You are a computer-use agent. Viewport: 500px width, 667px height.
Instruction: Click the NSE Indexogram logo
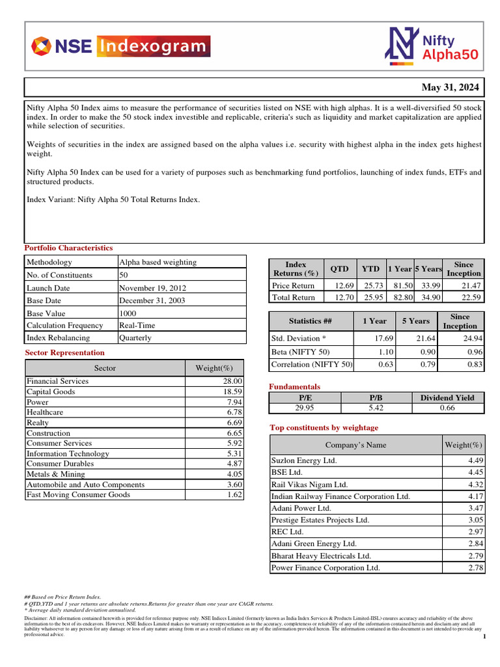121,46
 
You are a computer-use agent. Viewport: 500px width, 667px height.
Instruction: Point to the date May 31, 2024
450,87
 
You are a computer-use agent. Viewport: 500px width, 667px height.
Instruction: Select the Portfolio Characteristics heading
68,248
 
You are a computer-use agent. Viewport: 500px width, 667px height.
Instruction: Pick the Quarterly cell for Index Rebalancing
135,338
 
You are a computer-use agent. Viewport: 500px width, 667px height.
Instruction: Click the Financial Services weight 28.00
232,382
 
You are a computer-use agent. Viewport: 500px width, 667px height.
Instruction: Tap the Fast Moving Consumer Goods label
78,495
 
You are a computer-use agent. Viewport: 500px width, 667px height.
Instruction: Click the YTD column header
370,269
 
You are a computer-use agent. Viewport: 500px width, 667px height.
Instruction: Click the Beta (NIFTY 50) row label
301,352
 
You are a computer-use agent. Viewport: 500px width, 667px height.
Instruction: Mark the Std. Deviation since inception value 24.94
471,339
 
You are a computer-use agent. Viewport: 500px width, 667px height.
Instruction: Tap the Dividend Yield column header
448,398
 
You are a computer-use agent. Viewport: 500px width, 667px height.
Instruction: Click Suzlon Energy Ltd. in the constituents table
304,461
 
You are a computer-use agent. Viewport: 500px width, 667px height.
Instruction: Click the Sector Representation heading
64,352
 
